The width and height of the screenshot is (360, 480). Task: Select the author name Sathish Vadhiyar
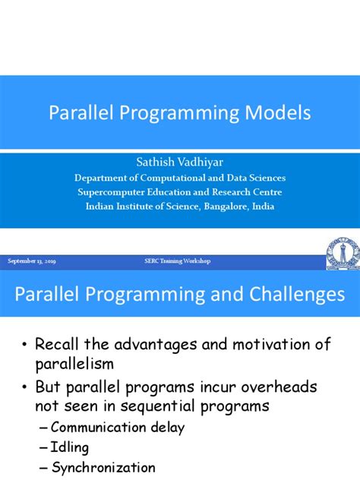[x=180, y=163]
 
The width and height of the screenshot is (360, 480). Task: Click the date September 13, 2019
[x=32, y=261]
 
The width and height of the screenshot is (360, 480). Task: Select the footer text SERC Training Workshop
[x=178, y=261]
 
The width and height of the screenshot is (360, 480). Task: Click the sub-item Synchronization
[x=103, y=468]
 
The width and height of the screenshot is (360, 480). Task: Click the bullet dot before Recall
[x=27, y=346]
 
